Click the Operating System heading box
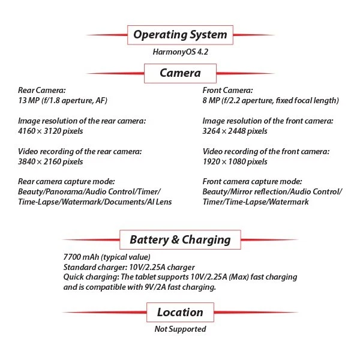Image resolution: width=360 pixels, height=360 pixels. [180, 34]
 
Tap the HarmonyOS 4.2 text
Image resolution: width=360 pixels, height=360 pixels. [180, 52]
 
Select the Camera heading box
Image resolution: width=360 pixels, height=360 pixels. [180, 73]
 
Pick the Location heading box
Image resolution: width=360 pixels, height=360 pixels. [180, 312]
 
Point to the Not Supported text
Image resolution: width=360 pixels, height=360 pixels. [180, 329]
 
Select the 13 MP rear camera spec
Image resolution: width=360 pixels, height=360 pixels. [63, 100]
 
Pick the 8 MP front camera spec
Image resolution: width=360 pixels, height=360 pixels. [271, 100]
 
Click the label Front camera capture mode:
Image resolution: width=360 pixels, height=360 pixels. [253, 182]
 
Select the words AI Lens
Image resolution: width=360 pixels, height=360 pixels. [158, 202]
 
